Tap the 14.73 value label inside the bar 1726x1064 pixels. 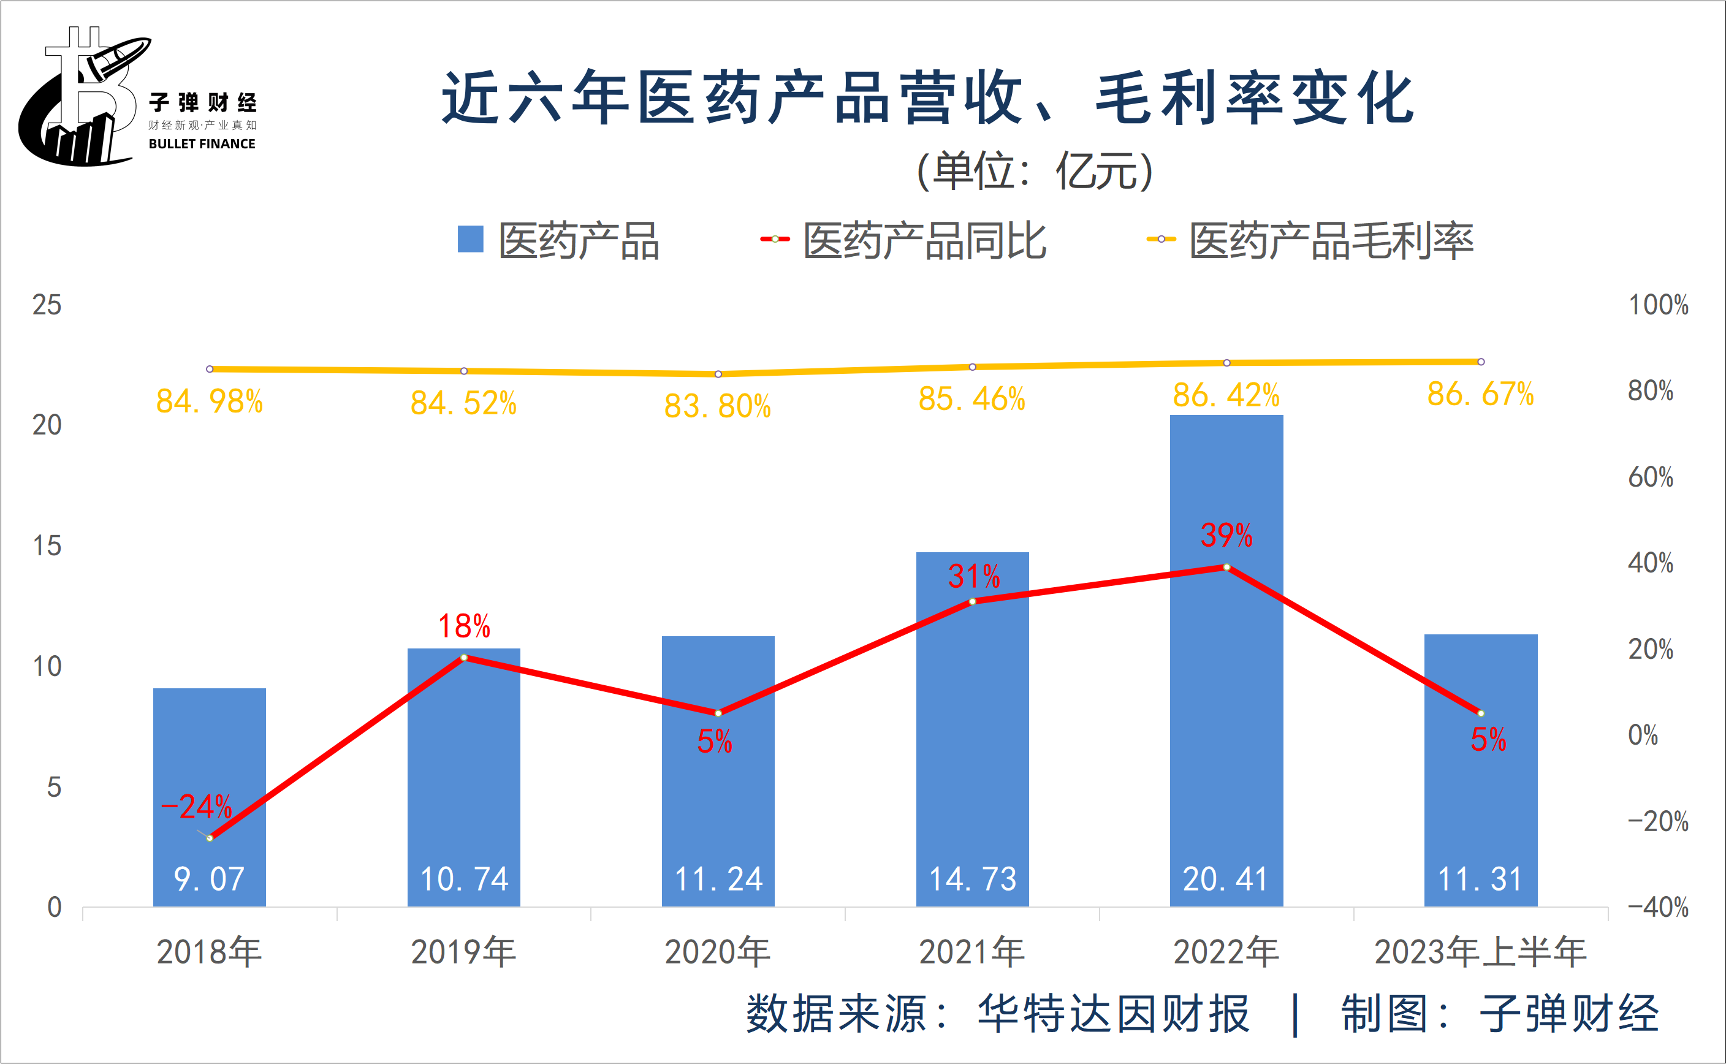click(973, 879)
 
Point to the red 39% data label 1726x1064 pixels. click(1226, 536)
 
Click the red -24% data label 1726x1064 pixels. click(196, 807)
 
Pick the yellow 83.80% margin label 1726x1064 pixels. click(718, 406)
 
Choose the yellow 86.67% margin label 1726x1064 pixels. click(1480, 394)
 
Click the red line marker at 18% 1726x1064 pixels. click(464, 657)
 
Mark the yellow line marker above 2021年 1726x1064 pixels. click(973, 367)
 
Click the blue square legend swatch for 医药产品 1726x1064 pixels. click(470, 239)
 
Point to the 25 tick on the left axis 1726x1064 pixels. click(47, 305)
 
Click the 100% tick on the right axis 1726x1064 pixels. click(1659, 305)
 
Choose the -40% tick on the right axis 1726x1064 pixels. click(1658, 907)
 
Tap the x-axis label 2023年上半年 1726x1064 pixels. click(1480, 952)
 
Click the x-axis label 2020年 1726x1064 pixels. click(718, 952)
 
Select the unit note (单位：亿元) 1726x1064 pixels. click(1035, 171)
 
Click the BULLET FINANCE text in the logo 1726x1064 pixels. click(202, 143)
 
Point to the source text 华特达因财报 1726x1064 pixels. click(1113, 1014)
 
